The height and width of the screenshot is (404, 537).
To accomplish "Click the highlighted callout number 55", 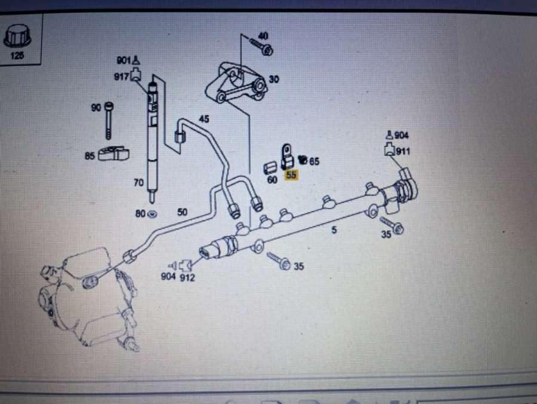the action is pyautogui.click(x=291, y=175).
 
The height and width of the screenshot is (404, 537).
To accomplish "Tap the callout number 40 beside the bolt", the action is pyautogui.click(x=263, y=36).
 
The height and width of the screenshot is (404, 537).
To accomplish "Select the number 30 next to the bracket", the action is pyautogui.click(x=274, y=79).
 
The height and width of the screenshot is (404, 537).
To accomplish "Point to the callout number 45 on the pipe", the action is pyautogui.click(x=204, y=119).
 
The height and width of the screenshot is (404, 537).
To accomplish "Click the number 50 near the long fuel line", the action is pyautogui.click(x=182, y=212).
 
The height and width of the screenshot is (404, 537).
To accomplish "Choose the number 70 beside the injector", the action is pyautogui.click(x=138, y=183).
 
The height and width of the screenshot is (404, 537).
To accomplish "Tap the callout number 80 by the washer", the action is pyautogui.click(x=140, y=214).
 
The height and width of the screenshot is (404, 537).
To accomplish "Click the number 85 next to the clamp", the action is pyautogui.click(x=89, y=156).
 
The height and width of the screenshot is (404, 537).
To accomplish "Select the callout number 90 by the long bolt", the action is pyautogui.click(x=96, y=108).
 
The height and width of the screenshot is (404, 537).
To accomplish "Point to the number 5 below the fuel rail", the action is pyautogui.click(x=334, y=229).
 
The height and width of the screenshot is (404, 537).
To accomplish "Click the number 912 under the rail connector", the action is pyautogui.click(x=187, y=277).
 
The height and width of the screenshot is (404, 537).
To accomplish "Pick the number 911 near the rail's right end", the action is pyautogui.click(x=403, y=151).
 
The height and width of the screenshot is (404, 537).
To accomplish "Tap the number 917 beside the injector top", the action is pyautogui.click(x=121, y=76).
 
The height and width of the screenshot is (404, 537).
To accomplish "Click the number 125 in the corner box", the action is pyautogui.click(x=17, y=56).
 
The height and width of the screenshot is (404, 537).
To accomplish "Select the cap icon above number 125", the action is pyautogui.click(x=17, y=36).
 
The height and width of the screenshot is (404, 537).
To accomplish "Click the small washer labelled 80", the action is pyautogui.click(x=152, y=214).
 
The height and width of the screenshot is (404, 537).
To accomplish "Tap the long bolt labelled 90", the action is pyautogui.click(x=109, y=121).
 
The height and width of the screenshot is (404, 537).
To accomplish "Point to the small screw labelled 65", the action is pyautogui.click(x=303, y=159).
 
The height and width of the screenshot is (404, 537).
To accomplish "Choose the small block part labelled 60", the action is pyautogui.click(x=270, y=168).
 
